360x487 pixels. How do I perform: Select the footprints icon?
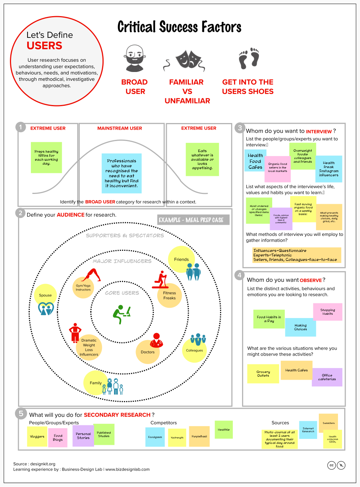(249, 58)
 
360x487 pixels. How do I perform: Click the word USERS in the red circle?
(44, 46)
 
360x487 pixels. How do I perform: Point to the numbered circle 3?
(240, 128)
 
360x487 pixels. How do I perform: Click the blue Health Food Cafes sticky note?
(255, 161)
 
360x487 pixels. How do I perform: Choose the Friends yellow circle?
(181, 259)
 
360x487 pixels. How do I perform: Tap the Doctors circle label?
(148, 352)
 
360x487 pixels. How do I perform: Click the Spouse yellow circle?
(45, 295)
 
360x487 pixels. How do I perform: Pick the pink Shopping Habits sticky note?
(327, 312)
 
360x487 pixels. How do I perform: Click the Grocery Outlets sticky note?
(263, 374)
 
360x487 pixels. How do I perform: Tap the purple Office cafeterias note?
(327, 377)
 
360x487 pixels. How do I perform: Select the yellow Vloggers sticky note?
(37, 437)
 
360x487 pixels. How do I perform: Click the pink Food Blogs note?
(58, 438)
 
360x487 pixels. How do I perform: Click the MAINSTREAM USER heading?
(120, 128)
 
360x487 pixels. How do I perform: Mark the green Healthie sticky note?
(223, 429)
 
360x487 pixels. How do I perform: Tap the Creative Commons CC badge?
(331, 465)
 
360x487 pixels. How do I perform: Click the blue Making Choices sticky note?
(300, 327)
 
